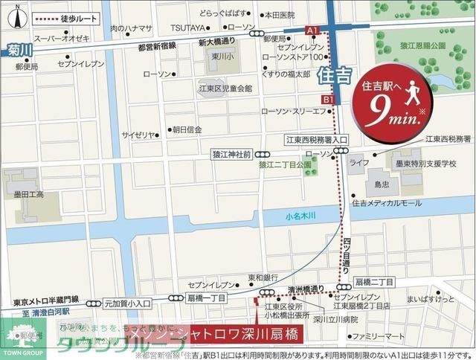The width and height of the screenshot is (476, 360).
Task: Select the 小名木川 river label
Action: [300, 216]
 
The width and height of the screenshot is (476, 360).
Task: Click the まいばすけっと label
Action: [425, 299]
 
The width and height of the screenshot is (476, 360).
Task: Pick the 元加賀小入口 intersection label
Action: [127, 303]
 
